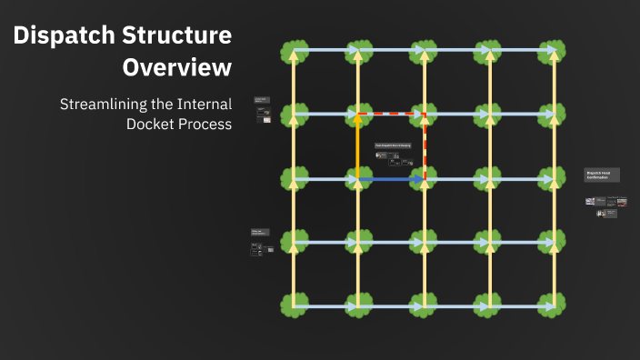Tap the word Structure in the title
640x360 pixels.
[x=180, y=36]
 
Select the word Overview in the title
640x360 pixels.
[x=177, y=67]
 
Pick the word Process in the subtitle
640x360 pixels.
[x=205, y=124]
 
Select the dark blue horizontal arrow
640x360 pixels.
[x=391, y=179]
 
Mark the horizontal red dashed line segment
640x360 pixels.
[x=391, y=115]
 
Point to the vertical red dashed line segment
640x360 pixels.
[x=425, y=145]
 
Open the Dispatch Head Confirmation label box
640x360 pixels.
[x=602, y=175]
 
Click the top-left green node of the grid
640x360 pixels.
[x=293, y=51]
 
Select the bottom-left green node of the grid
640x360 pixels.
[x=293, y=306]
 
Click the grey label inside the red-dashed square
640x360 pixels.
[x=393, y=145]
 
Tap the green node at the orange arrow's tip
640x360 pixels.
[x=358, y=115]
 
